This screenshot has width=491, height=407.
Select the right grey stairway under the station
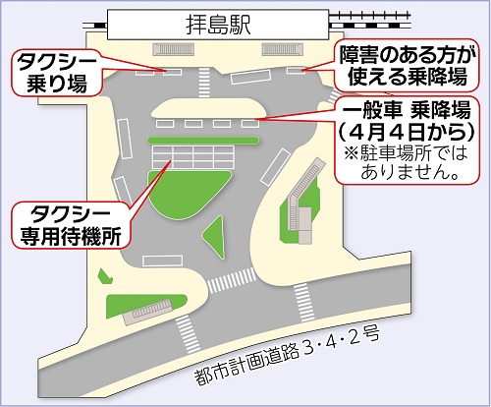tap(284, 51)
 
